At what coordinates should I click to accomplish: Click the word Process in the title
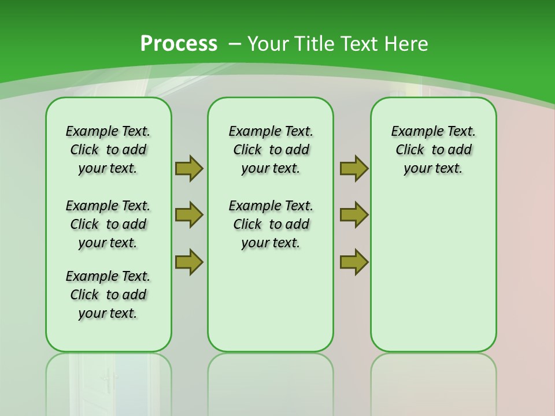click(x=179, y=43)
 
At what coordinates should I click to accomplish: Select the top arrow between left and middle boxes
click(x=189, y=168)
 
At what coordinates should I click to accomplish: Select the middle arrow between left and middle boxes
click(x=189, y=215)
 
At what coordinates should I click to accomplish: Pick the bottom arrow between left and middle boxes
click(x=189, y=262)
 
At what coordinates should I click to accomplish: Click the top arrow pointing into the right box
click(x=354, y=168)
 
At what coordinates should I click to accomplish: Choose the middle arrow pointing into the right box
click(x=354, y=215)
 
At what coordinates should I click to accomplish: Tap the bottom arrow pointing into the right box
click(x=354, y=262)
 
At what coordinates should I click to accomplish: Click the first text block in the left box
click(x=108, y=150)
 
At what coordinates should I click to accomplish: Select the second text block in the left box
click(x=108, y=224)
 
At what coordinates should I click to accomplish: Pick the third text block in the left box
click(x=108, y=295)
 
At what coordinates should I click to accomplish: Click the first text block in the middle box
click(x=271, y=150)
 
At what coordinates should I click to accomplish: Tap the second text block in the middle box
click(x=271, y=224)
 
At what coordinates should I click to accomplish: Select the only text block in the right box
click(x=434, y=150)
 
